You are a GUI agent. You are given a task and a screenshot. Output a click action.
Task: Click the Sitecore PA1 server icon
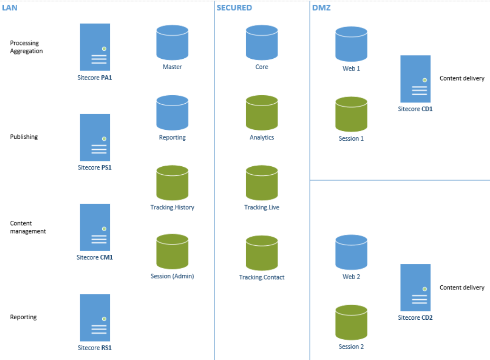pyautogui.click(x=95, y=47)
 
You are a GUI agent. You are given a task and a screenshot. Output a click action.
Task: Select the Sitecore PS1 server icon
pyautogui.click(x=95, y=137)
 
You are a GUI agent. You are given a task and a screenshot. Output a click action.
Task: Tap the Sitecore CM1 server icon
pyautogui.click(x=95, y=227)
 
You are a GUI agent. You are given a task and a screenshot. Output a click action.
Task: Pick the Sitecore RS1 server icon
pyautogui.click(x=95, y=317)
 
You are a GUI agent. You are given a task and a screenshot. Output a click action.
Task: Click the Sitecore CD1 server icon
pyautogui.click(x=415, y=79)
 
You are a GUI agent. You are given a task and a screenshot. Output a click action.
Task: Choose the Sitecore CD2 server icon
pyautogui.click(x=415, y=288)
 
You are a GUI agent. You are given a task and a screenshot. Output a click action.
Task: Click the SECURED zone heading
pyautogui.click(x=234, y=8)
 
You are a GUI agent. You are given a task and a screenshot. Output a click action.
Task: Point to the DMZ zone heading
pyautogui.click(x=321, y=8)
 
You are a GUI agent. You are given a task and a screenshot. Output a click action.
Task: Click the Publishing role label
pyautogui.click(x=24, y=137)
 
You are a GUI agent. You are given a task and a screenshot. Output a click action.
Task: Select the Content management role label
pyautogui.click(x=28, y=227)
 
